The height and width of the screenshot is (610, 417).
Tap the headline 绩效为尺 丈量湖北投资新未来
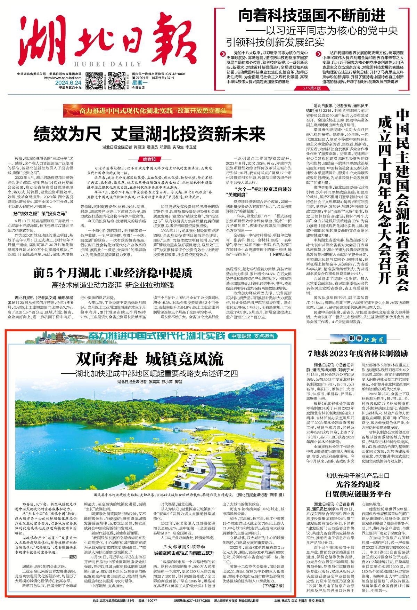[x=149, y=133]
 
